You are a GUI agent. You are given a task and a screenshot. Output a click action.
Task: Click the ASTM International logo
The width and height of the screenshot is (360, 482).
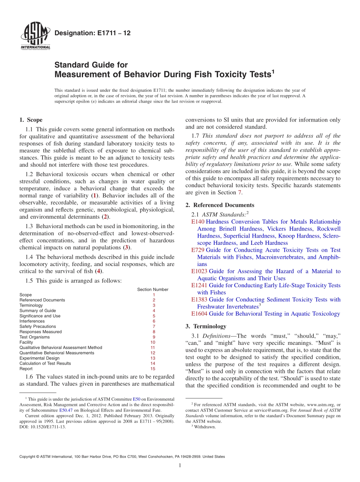[35, 36]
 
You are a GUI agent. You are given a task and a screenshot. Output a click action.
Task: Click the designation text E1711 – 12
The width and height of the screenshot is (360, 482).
[92, 33]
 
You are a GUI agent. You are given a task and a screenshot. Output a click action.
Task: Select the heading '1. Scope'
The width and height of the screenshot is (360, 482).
[31, 120]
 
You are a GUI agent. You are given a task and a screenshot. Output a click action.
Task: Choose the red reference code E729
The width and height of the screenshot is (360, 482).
[198, 250]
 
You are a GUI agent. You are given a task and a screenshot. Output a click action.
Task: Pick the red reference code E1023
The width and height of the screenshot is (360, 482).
[199, 271]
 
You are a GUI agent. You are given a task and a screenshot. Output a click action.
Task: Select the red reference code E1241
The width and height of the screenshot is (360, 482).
[199, 285]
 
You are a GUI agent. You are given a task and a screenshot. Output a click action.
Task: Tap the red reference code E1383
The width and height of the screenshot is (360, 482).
[199, 299]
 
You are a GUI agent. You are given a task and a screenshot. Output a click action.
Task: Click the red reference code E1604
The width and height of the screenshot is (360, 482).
[199, 314]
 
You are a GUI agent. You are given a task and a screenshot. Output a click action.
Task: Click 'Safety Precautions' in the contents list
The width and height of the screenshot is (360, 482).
[38, 326]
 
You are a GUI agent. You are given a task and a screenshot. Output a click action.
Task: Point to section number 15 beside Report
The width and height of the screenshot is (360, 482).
[153, 369]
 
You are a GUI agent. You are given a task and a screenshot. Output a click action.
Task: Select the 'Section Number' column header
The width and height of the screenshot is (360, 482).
[153, 290]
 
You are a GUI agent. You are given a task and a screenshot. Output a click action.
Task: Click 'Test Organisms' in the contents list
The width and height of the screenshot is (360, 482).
[34, 337]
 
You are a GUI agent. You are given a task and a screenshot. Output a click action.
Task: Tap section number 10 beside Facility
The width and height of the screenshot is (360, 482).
[153, 342]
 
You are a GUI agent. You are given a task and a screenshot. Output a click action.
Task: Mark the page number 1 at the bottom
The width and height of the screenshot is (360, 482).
[180, 466]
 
